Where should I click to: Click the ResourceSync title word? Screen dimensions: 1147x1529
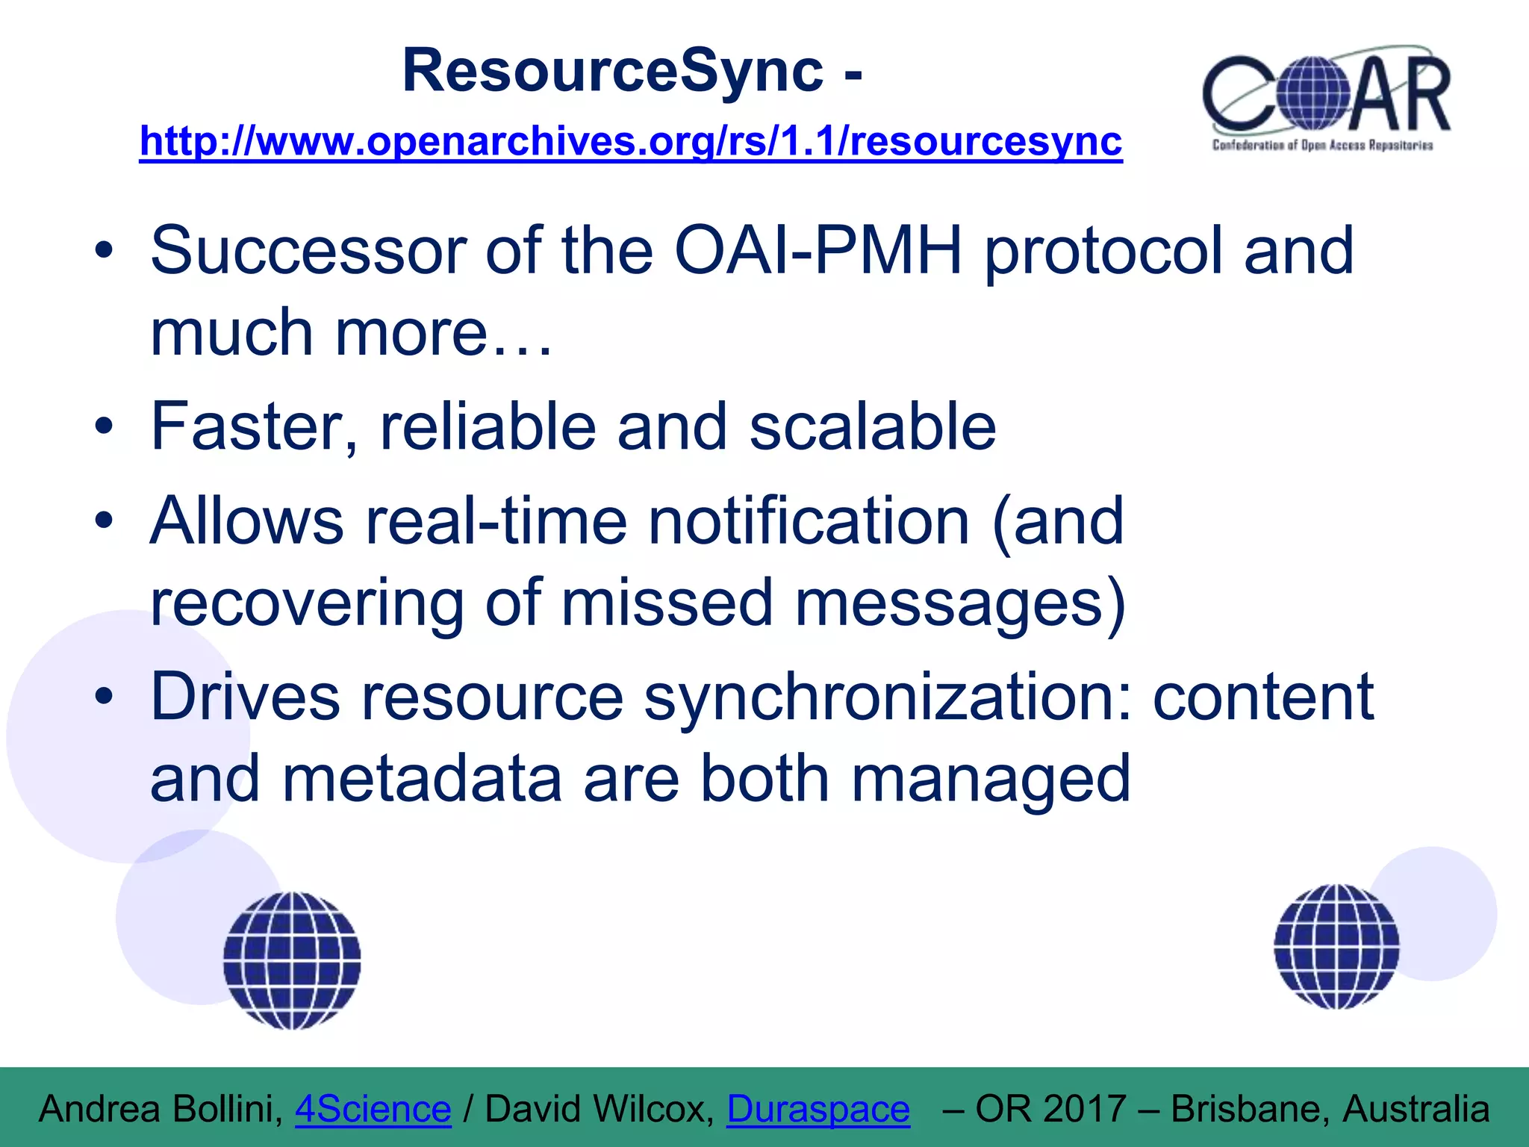[612, 71]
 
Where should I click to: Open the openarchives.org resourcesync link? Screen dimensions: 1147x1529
[631, 141]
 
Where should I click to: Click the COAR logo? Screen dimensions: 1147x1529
[1327, 99]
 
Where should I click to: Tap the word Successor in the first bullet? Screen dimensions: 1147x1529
[308, 251]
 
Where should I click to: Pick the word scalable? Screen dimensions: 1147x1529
[872, 427]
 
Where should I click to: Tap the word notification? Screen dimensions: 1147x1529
[809, 521]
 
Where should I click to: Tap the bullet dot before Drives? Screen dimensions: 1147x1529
[104, 697]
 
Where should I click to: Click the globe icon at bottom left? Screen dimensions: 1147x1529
[292, 960]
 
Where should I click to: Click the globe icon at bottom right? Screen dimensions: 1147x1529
[1336, 946]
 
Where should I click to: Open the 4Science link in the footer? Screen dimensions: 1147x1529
[373, 1109]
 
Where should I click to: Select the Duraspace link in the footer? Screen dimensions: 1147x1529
[818, 1109]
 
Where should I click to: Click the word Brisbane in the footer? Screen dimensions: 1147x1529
[1250, 1109]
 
